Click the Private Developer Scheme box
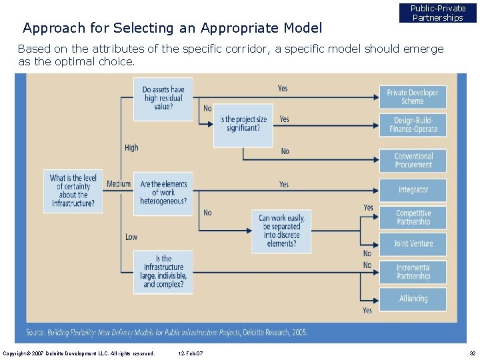click(413, 97)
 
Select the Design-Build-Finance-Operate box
click(413, 125)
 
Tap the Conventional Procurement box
click(413, 161)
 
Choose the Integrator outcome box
click(413, 190)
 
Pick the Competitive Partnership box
click(413, 217)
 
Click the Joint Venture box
click(413, 244)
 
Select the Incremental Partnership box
click(413, 272)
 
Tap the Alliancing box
click(413, 299)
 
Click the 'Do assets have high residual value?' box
click(163, 98)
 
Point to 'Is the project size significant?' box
click(243, 125)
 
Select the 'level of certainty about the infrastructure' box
click(74, 191)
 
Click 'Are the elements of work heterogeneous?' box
click(163, 193)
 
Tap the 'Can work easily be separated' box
click(281, 231)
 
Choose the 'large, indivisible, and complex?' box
click(163, 271)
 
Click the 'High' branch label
click(131, 147)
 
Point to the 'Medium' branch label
click(119, 184)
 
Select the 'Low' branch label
click(131, 237)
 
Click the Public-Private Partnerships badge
click(437, 13)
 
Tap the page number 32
click(472, 353)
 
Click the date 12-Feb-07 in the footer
click(191, 353)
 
